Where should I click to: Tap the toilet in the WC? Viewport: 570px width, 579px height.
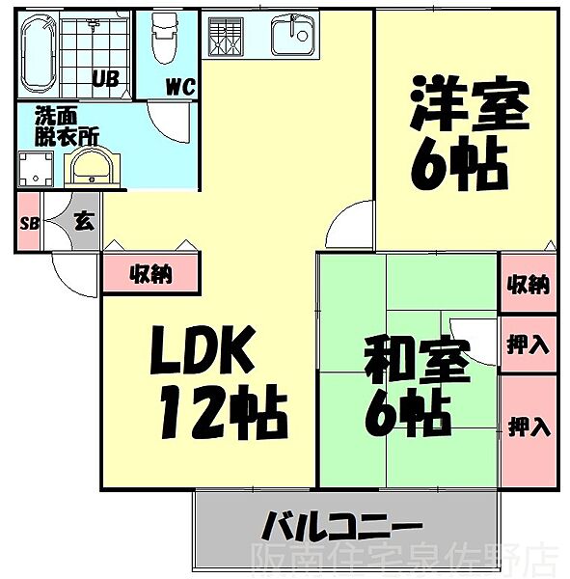tap(166, 40)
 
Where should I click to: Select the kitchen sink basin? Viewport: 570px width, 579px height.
tap(294, 36)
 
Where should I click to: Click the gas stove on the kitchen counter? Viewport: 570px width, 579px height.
tap(225, 37)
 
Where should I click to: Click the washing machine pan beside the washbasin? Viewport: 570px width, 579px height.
tap(36, 170)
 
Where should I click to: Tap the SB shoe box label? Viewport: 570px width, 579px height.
tap(30, 223)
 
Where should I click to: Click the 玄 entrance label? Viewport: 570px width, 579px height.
tap(85, 221)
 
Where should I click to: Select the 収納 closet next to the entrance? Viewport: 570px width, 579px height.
tap(150, 273)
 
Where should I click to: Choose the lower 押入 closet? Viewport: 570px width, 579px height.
tap(529, 430)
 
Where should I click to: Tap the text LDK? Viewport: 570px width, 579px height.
tap(203, 349)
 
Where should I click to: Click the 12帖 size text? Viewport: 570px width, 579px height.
tap(224, 412)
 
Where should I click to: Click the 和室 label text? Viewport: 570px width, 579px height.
tap(418, 360)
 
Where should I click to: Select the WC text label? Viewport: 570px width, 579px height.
tap(180, 87)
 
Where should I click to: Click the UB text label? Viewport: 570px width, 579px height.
tap(105, 79)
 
